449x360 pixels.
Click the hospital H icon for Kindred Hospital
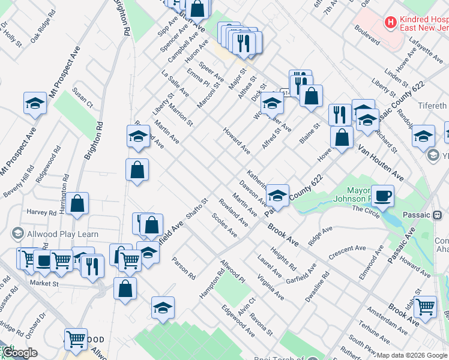pyautogui.click(x=391, y=22)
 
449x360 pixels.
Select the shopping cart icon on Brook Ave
pyautogui.click(x=426, y=306)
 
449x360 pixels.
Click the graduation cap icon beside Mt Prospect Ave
pyautogui.click(x=35, y=103)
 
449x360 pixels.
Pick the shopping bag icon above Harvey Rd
pyautogui.click(x=77, y=203)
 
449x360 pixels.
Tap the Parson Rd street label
pyautogui.click(x=184, y=269)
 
